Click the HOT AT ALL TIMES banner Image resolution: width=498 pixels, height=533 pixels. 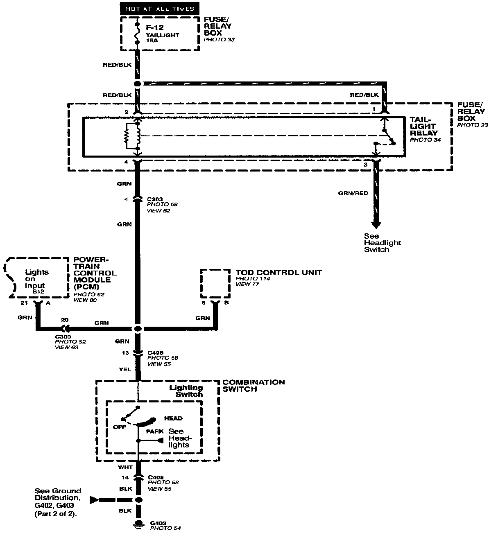(160, 8)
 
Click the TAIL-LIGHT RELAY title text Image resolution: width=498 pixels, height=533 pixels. (423, 126)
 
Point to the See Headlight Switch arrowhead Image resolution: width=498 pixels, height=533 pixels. (376, 225)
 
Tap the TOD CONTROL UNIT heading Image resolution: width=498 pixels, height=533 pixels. (278, 272)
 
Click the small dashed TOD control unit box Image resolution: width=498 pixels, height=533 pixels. (215, 284)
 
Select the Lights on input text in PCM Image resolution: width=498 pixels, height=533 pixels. (36, 279)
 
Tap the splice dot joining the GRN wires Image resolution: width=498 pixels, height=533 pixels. (138, 329)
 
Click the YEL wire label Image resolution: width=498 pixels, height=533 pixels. (125, 369)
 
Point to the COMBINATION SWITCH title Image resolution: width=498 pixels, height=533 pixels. (253, 386)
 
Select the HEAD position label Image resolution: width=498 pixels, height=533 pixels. (173, 418)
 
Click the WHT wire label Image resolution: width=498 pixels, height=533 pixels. (124, 467)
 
